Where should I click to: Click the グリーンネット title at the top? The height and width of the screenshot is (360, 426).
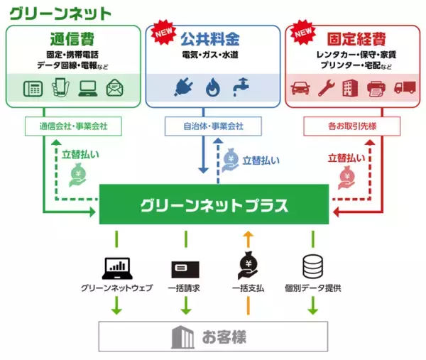point(60,12)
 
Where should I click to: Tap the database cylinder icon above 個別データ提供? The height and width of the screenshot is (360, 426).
point(312,268)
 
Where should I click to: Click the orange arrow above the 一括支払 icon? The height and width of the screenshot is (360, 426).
point(248,238)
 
